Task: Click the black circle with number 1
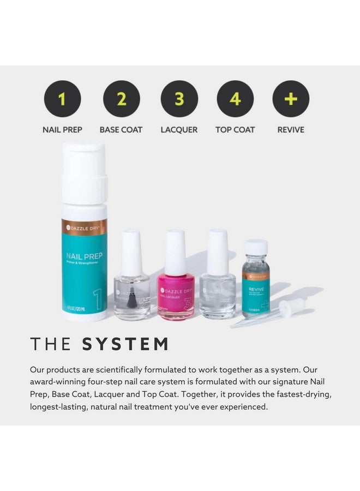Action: tap(62, 99)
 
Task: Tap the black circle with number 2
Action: tap(121, 99)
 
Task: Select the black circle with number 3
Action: tap(179, 99)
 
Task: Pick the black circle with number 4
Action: tap(235, 99)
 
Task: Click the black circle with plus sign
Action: tap(291, 99)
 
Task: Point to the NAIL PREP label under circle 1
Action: tap(62, 130)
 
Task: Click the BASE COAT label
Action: tap(121, 130)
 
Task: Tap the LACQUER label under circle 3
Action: tap(179, 130)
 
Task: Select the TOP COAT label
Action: tap(235, 130)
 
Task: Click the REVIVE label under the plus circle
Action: tap(291, 130)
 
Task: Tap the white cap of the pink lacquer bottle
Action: tap(176, 251)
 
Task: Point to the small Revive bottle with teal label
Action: tap(256, 284)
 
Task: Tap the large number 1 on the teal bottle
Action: tap(96, 300)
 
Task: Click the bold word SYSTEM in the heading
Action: tap(125, 344)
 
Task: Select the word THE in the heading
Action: tap(50, 344)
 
